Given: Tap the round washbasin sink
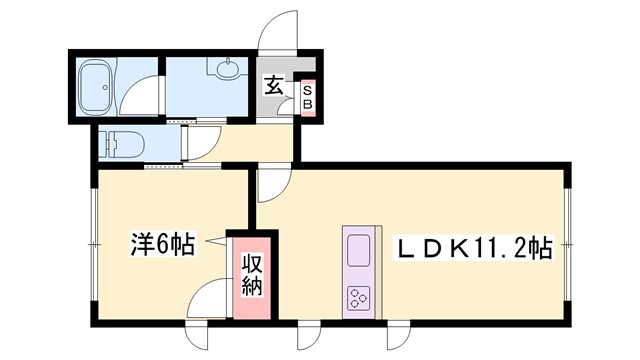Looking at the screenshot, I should click(227, 71).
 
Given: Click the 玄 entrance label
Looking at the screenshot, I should click(274, 86).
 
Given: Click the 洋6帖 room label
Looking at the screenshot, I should click(162, 242).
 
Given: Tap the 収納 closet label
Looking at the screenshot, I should click(249, 275).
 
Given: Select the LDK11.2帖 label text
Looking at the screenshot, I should click(478, 245).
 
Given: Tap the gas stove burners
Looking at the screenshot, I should click(358, 295).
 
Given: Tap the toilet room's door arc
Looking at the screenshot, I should click(200, 142).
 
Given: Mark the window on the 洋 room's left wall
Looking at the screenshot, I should click(91, 243).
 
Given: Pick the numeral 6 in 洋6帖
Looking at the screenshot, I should click(163, 242).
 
